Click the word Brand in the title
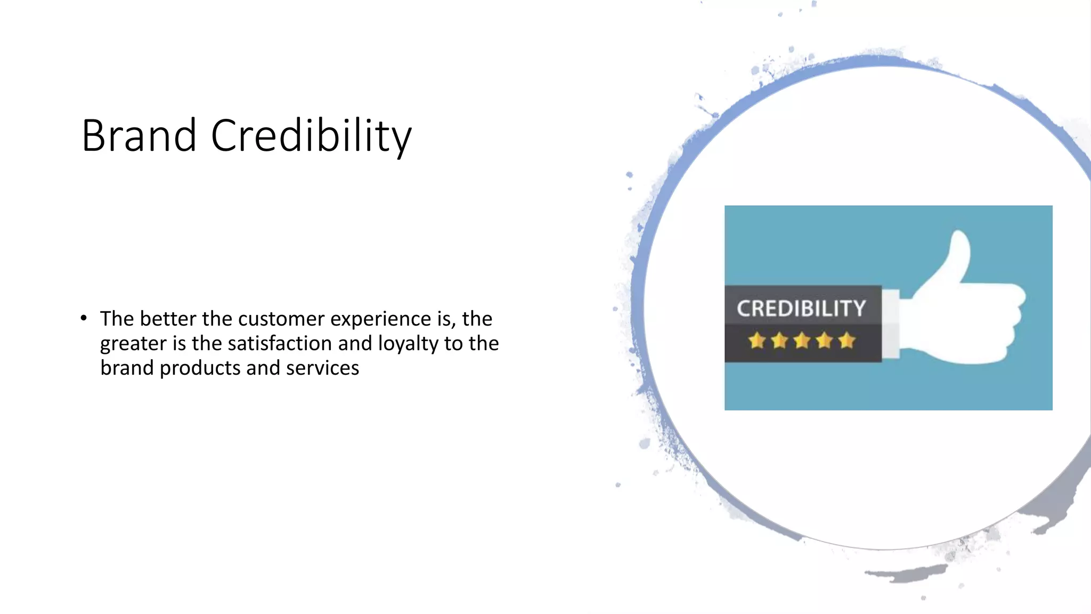tap(139, 135)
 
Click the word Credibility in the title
tap(311, 135)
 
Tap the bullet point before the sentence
tap(84, 319)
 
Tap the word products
tap(200, 368)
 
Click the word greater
tap(133, 343)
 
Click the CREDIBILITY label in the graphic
tap(801, 309)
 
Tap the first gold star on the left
tap(756, 340)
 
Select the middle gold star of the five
tap(802, 340)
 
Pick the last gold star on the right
tap(846, 340)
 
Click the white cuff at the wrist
tap(891, 324)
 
